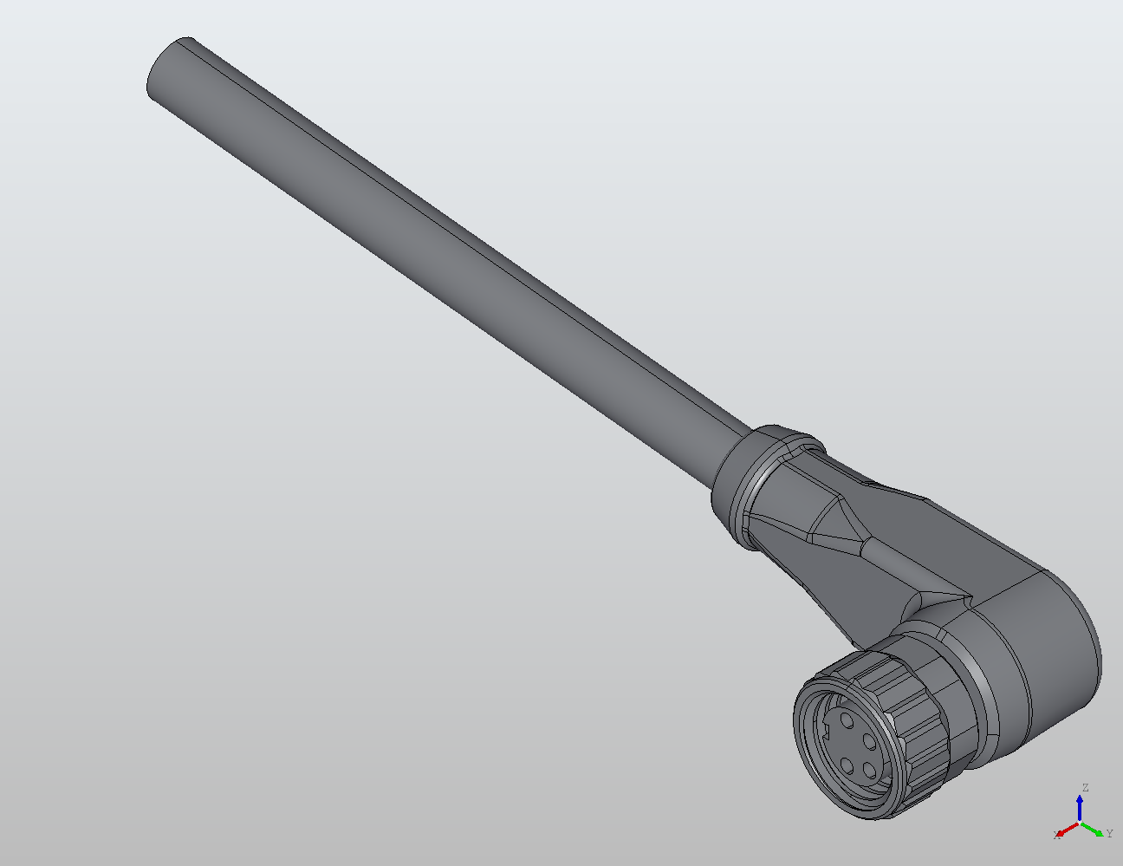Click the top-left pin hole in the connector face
847,720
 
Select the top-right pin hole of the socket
871,742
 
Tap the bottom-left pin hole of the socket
847,765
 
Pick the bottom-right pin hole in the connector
871,772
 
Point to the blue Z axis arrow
1080,809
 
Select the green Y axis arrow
1092,830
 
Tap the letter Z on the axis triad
1086,787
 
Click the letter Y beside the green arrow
1109,833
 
